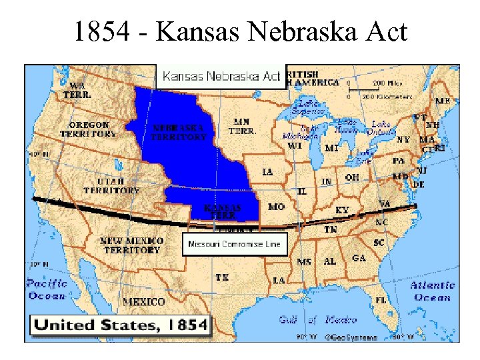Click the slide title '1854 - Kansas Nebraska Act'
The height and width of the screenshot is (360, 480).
click(240, 31)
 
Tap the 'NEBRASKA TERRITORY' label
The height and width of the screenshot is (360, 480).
click(179, 131)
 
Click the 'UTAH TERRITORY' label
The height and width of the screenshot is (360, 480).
click(111, 186)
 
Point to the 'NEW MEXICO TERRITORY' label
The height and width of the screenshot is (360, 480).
click(132, 245)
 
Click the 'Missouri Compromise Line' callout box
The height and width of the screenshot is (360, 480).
click(235, 245)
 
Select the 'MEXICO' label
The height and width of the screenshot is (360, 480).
click(143, 302)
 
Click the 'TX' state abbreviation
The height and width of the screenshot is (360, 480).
click(222, 277)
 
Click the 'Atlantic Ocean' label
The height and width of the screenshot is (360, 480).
click(432, 291)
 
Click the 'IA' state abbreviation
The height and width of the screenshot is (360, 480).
click(267, 172)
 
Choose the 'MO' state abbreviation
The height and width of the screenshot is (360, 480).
click(276, 207)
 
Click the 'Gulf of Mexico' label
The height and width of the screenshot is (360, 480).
click(319, 320)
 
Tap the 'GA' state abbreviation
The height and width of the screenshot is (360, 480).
click(359, 258)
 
